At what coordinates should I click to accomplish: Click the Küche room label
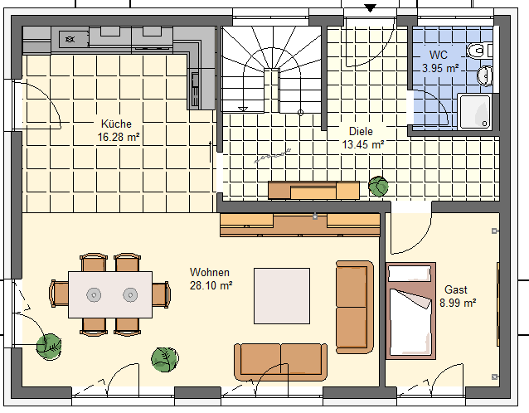116,124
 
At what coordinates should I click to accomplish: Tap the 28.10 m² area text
211,285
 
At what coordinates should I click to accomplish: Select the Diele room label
361,131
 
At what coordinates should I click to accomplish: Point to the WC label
439,55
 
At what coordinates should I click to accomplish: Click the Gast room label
456,289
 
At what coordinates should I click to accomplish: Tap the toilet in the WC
479,51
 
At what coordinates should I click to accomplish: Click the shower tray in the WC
475,112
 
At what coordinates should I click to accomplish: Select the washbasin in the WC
485,76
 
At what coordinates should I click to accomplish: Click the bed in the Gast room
410,311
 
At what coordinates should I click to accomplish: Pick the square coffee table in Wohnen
282,296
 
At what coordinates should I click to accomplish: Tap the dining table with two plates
110,294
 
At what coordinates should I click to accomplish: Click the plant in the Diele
378,187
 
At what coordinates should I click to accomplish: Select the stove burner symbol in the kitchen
70,39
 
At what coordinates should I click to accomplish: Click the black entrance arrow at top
370,8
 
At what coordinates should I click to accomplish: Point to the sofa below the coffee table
281,362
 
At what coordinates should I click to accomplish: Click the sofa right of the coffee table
355,307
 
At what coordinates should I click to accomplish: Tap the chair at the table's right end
161,294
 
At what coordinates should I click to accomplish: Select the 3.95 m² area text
440,68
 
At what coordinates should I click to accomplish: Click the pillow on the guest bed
410,273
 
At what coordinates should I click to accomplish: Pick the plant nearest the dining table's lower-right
165,360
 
